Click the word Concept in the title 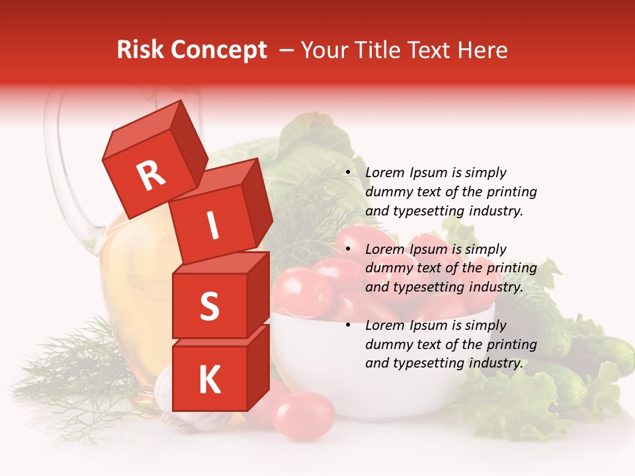[x=218, y=50]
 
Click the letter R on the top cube [x=151, y=176]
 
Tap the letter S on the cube [x=209, y=306]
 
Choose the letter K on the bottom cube [x=209, y=379]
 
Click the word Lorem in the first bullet [x=385, y=173]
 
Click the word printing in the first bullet [x=511, y=192]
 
